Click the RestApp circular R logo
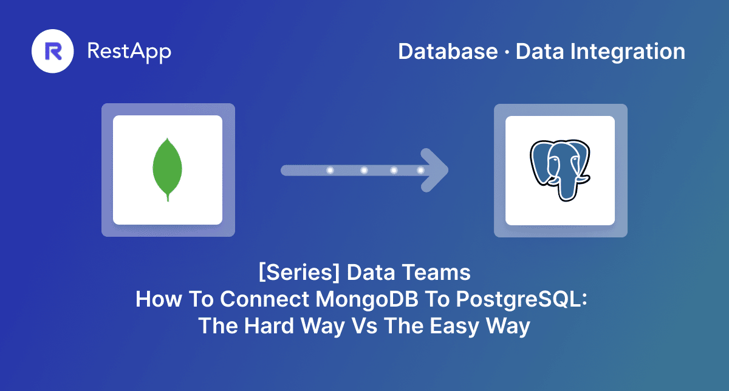tap(52, 51)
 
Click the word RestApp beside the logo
tap(129, 51)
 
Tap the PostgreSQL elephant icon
tap(560, 171)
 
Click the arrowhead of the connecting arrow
tap(436, 170)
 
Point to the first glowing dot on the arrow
tap(330, 171)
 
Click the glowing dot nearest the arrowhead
tap(420, 171)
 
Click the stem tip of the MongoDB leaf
tap(168, 199)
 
